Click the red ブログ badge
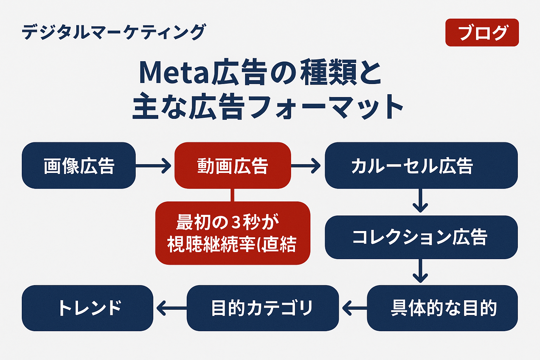tap(482, 33)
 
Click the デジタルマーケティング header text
tap(114, 32)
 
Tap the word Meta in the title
tap(174, 72)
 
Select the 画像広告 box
tap(79, 166)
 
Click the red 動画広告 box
tap(233, 166)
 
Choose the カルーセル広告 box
tap(421, 166)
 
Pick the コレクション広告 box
tap(421, 237)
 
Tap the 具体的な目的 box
tap(442, 308)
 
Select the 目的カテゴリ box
tap(262, 308)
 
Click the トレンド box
tap(88, 308)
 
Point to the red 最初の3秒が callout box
tap(233, 233)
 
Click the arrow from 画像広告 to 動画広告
tap(154, 166)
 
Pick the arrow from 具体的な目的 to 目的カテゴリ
tap(354, 308)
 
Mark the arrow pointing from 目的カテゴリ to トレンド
tap(171, 308)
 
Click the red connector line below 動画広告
tap(232, 195)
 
